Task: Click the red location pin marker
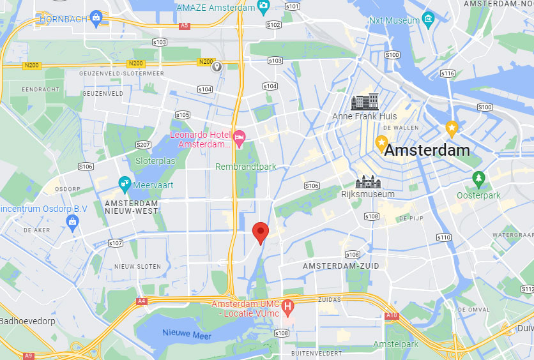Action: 260,232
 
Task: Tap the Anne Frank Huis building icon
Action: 365,102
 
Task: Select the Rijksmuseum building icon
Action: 367,181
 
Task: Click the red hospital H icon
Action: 287,306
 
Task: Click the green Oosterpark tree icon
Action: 478,177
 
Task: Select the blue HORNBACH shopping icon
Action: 96,17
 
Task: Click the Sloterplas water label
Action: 155,161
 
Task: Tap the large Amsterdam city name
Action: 427,151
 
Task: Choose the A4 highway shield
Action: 141,301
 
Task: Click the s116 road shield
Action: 447,74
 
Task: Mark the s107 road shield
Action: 116,243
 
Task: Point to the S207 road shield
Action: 143,145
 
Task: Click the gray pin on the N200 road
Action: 217,66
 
